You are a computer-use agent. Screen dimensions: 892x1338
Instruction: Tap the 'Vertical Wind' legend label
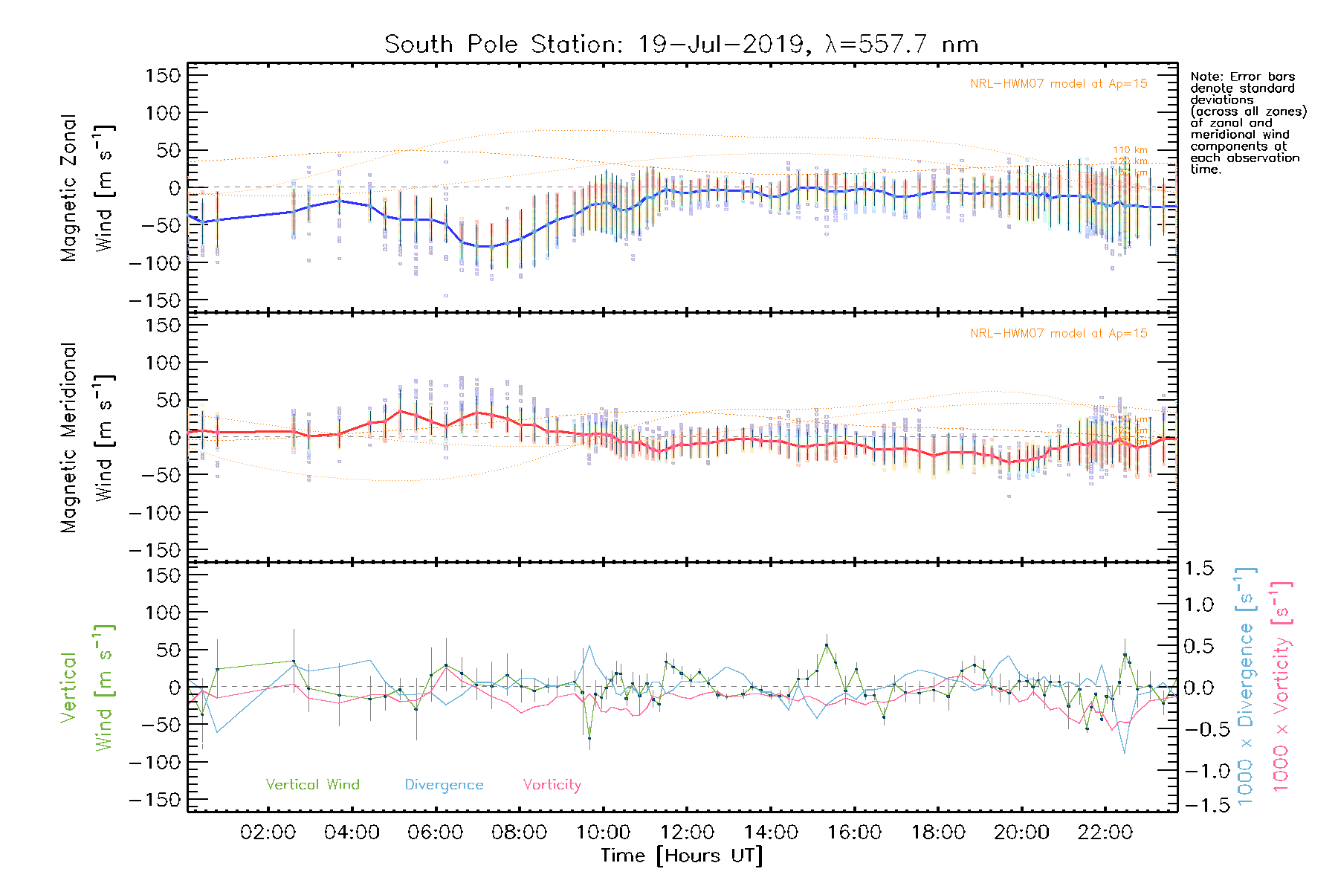click(x=312, y=784)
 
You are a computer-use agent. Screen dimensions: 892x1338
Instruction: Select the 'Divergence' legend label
click(x=444, y=784)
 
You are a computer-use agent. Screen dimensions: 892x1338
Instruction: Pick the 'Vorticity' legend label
click(x=552, y=784)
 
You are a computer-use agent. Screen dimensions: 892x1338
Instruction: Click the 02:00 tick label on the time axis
click(x=268, y=832)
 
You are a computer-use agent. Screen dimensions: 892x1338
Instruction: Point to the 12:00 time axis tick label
click(x=687, y=832)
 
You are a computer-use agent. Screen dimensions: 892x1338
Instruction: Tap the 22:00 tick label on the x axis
click(x=1105, y=832)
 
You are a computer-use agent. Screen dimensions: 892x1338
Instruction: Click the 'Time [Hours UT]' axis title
click(x=682, y=856)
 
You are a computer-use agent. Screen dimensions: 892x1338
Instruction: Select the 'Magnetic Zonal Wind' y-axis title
click(x=87, y=187)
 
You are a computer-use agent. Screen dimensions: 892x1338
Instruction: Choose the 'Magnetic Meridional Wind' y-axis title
click(x=87, y=438)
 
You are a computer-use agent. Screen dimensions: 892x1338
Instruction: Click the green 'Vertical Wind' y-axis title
click(x=87, y=688)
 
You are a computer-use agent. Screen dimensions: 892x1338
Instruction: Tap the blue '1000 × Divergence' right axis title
click(x=1246, y=688)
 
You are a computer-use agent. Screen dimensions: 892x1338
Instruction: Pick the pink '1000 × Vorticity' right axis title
click(x=1281, y=688)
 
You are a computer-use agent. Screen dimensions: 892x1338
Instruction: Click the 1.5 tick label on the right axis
click(x=1199, y=569)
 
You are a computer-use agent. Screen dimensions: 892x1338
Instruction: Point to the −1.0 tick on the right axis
click(x=1199, y=771)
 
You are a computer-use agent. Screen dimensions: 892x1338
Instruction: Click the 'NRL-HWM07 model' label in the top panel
click(x=1059, y=83)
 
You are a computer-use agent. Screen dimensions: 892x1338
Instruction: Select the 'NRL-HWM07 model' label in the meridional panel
click(x=1059, y=333)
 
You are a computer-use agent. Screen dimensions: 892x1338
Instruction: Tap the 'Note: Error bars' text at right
click(x=1243, y=77)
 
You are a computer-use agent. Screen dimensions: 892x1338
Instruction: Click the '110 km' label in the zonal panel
click(x=1130, y=150)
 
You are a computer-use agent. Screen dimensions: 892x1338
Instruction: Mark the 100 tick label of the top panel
click(x=164, y=113)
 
